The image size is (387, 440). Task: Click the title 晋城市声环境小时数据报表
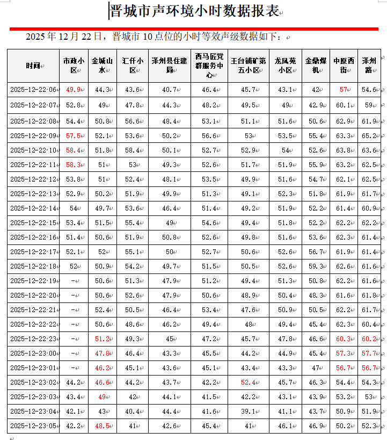[194, 11]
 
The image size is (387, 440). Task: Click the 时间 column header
[32, 66]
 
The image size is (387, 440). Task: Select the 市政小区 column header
[74, 66]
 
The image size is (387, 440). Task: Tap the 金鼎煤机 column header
[315, 66]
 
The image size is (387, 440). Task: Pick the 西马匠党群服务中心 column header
[209, 66]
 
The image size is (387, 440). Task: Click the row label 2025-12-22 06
[33, 90]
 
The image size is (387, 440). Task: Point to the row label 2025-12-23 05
[33, 426]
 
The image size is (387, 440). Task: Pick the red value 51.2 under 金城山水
[102, 339]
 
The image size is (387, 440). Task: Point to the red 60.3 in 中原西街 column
[343, 339]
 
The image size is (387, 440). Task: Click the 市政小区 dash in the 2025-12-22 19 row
[74, 281]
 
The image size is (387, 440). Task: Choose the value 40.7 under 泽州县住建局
[169, 90]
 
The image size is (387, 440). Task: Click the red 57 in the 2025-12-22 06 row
[344, 90]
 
